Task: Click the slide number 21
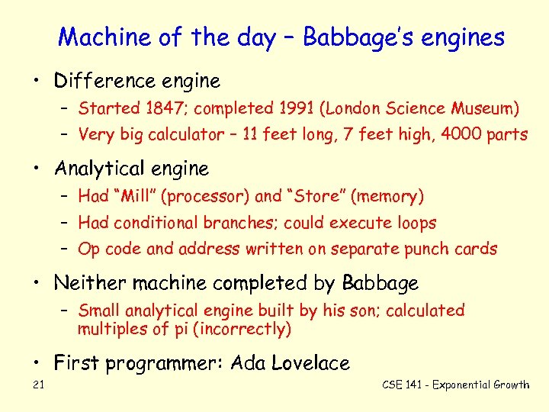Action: (39, 385)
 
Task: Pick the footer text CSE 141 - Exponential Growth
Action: (455, 385)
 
